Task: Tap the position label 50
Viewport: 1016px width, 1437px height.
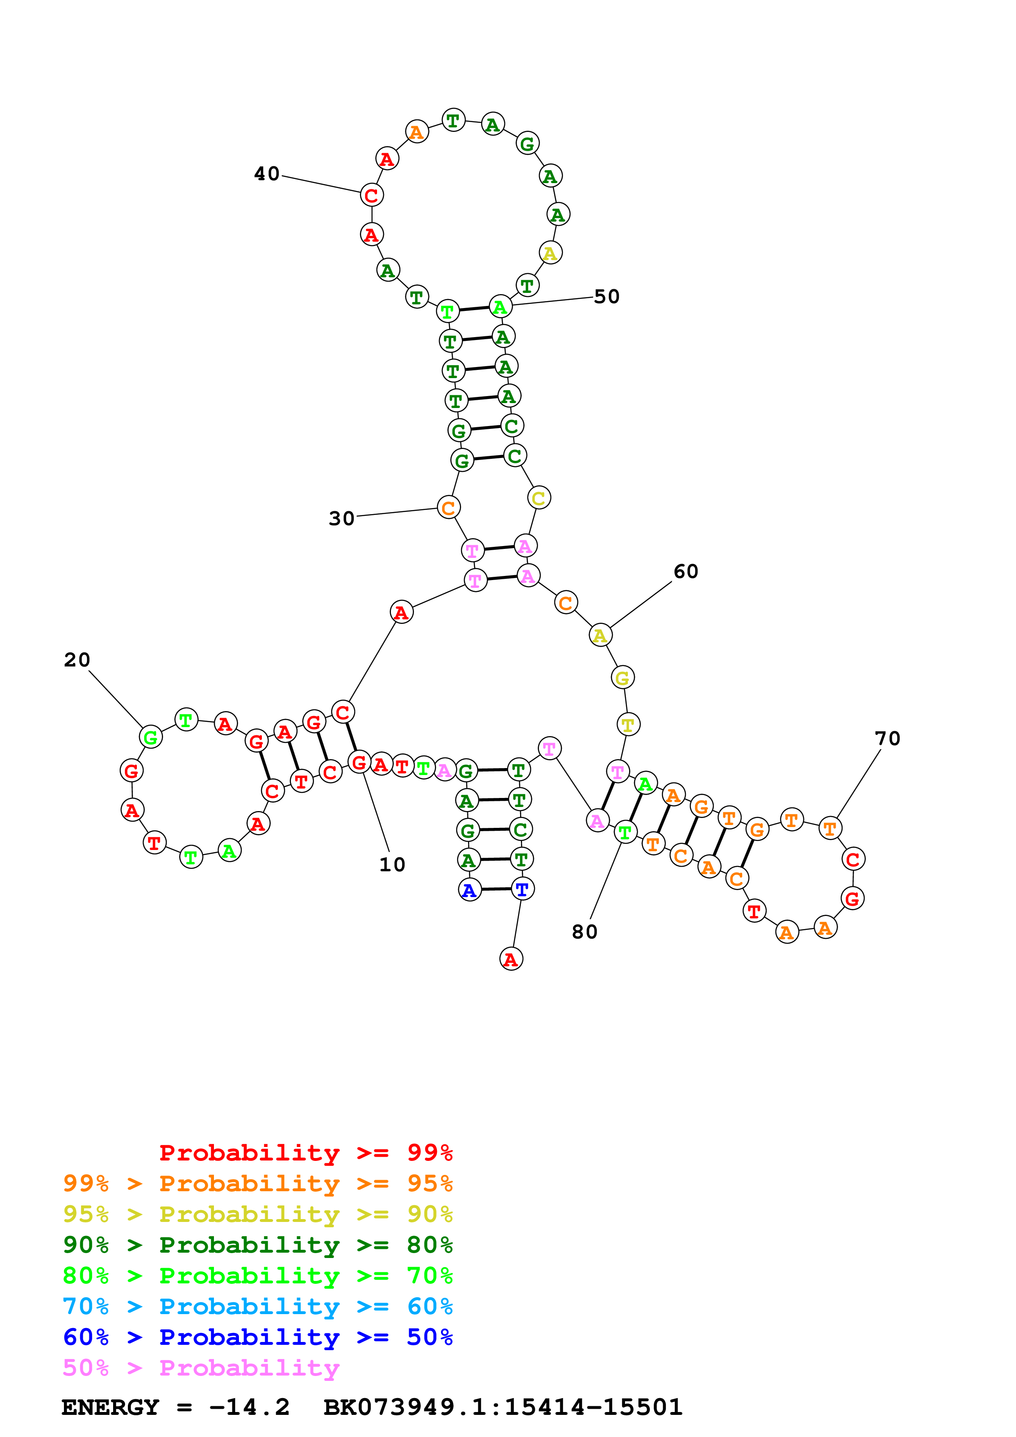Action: [x=606, y=296]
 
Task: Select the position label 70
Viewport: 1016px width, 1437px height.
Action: [x=887, y=739]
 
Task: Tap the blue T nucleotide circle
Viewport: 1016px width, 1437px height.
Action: [x=523, y=889]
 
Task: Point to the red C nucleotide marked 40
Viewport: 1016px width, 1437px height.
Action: [x=372, y=195]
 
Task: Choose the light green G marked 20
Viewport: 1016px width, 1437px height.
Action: [x=151, y=737]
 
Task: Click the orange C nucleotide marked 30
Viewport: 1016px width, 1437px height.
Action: [x=448, y=508]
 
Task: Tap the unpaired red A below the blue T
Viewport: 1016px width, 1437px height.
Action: [x=511, y=959]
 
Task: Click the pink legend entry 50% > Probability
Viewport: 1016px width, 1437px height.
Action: [x=201, y=1367]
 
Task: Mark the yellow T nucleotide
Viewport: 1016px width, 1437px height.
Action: [x=628, y=725]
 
